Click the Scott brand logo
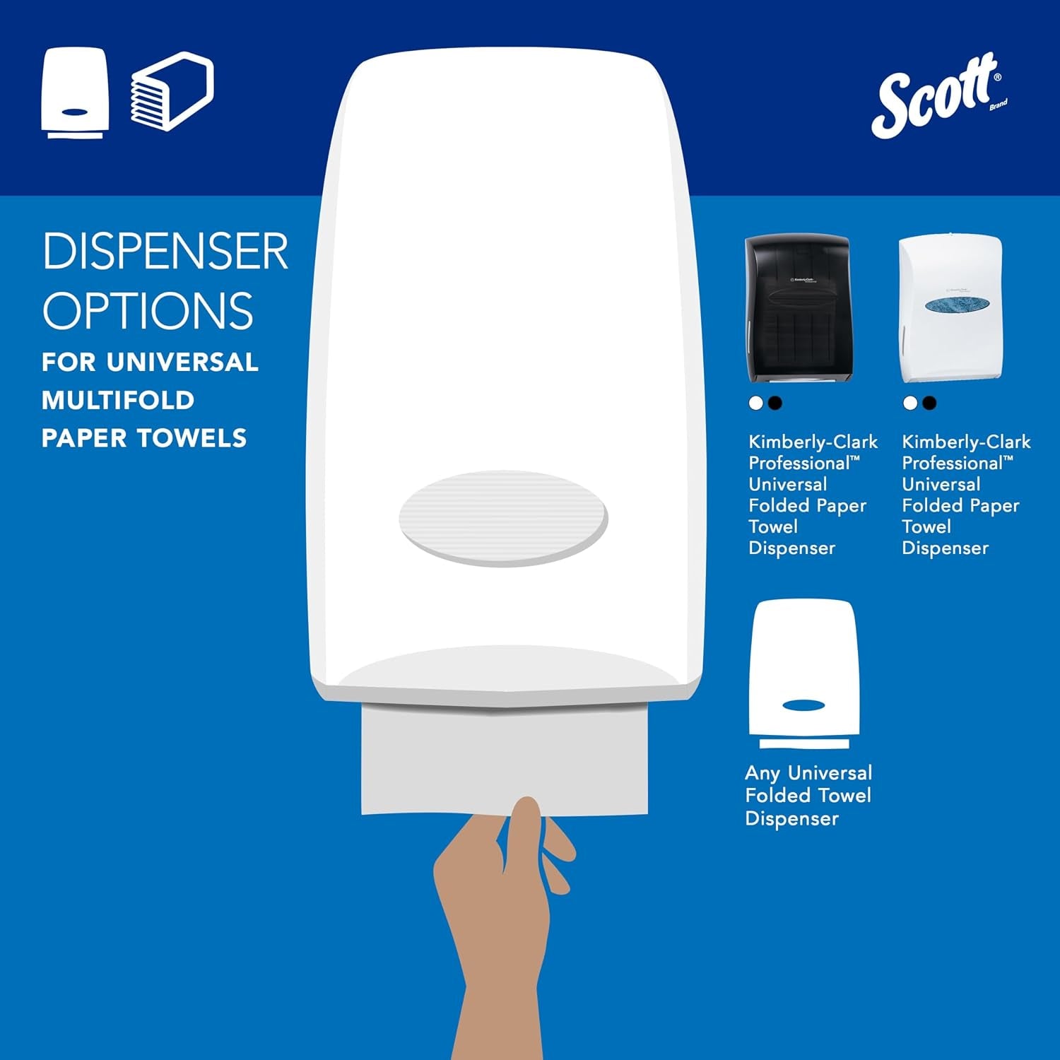[936, 95]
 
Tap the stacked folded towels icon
[172, 92]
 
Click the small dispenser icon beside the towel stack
[74, 93]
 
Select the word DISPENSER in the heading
[165, 252]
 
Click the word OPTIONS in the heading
[148, 310]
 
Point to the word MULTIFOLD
[118, 401]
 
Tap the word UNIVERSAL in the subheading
[182, 363]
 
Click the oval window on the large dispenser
[502, 518]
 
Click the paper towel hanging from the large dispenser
[504, 760]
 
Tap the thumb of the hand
[524, 830]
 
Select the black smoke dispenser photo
[798, 309]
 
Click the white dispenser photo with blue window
[950, 309]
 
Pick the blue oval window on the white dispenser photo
[957, 304]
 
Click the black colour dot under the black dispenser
[775, 404]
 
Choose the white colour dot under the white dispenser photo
[910, 404]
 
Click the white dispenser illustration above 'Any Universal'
[804, 671]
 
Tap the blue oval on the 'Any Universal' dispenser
[803, 705]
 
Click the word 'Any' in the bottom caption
[762, 773]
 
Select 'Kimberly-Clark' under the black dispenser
[813, 442]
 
